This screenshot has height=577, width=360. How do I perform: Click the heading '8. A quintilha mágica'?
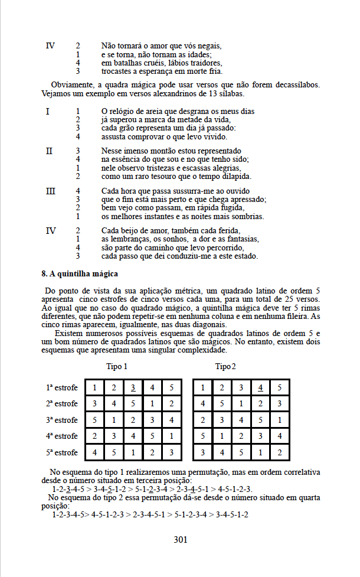pos(80,274)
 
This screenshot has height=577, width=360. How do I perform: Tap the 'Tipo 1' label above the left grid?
pos(117,367)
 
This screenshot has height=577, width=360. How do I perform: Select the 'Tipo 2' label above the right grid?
pos(226,367)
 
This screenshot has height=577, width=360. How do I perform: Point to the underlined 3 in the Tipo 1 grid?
pos(134,388)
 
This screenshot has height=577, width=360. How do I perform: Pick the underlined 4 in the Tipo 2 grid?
pos(260,388)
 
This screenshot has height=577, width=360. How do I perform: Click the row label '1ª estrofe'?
pos(61,388)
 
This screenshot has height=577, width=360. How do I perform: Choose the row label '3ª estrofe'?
pos(61,420)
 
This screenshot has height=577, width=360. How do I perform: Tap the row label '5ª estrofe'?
pos(61,453)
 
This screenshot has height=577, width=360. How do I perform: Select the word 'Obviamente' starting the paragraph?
pos(71,84)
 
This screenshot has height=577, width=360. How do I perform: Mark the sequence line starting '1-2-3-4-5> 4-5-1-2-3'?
pos(150,514)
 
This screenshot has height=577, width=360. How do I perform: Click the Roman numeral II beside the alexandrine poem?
pos(48,151)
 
